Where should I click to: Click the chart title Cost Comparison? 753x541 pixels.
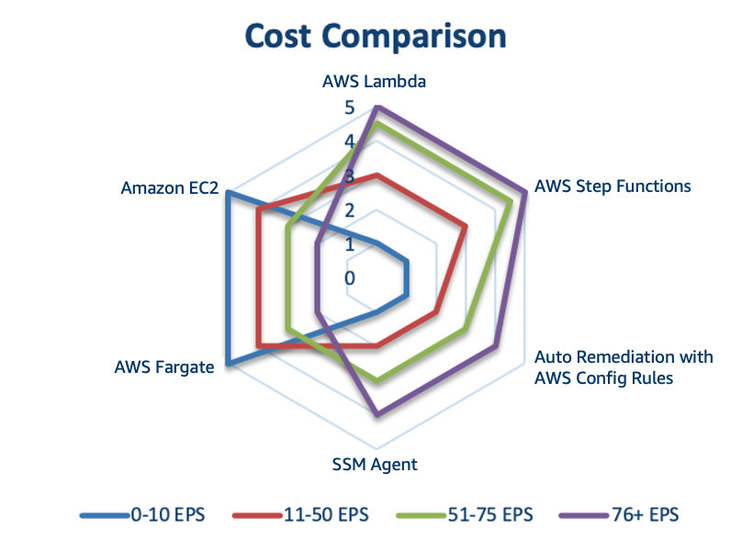tap(376, 37)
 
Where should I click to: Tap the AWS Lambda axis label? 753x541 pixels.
tap(374, 81)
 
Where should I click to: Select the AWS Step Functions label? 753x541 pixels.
tap(613, 186)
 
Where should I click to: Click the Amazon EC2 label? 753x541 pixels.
tap(170, 188)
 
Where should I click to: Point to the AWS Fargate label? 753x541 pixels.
tap(164, 367)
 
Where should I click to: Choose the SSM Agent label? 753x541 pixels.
tap(375, 465)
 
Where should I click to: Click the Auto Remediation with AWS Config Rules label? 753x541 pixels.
tap(624, 367)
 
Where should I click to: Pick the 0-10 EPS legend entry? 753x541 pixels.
tap(142, 514)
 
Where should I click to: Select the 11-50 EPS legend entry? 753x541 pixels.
tap(300, 514)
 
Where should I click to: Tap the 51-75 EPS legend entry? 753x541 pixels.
tap(465, 514)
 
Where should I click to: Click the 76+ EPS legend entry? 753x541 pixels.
tap(619, 514)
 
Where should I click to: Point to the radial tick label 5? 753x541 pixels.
tap(350, 107)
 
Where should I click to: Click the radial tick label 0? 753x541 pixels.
tap(350, 278)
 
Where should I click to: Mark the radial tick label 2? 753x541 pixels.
tap(350, 210)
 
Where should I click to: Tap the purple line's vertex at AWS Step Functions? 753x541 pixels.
tap(525, 192)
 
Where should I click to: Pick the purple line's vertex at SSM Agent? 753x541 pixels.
tap(377, 414)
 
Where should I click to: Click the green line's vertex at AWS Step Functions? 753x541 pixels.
tap(511, 201)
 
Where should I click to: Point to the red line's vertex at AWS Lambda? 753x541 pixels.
tap(377, 175)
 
